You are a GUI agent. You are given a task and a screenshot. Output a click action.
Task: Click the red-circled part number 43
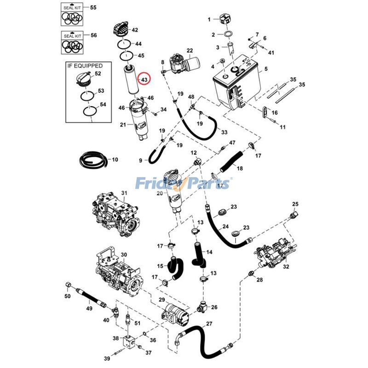click(144, 80)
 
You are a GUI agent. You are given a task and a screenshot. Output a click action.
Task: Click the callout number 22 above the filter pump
click(190, 51)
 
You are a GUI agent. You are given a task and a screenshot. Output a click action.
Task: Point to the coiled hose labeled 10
click(93, 160)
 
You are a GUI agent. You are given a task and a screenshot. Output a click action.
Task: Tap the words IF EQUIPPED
click(85, 66)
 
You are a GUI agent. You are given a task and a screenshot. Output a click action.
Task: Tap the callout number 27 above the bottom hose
click(209, 324)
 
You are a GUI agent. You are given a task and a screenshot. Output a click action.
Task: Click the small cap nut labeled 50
click(68, 286)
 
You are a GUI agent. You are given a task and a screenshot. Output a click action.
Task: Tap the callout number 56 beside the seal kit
click(93, 35)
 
